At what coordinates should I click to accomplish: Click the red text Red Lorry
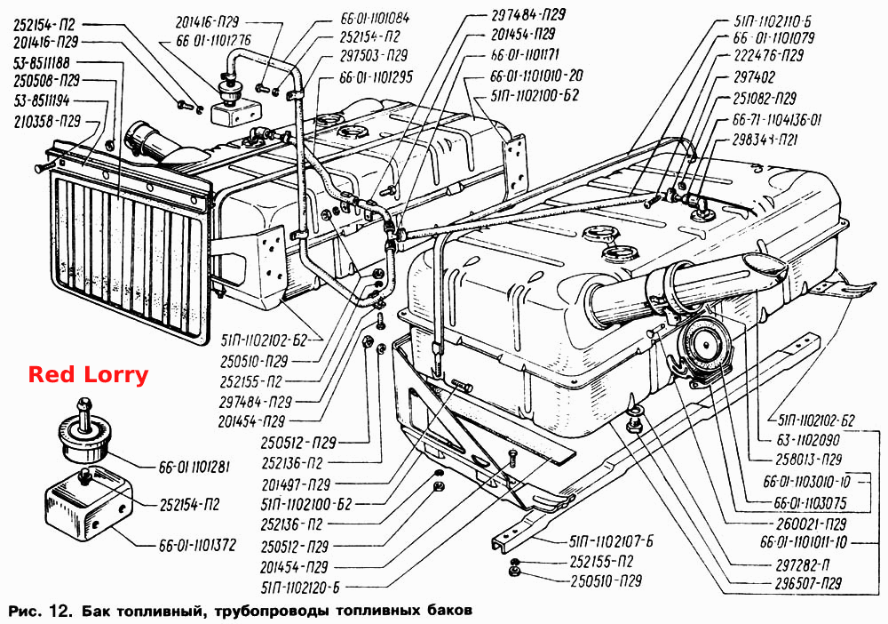[x=88, y=375]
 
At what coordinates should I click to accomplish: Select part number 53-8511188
[x=50, y=61]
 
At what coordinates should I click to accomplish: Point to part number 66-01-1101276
[x=206, y=42]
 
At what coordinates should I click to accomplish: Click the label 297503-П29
[x=374, y=55]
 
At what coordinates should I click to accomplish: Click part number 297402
[x=754, y=76]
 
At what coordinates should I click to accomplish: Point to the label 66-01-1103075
[x=811, y=503]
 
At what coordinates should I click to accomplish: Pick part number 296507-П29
[x=809, y=582]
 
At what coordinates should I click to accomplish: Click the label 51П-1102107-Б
[x=612, y=540]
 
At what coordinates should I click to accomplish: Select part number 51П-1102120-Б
[x=300, y=588]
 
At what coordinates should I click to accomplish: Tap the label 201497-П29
[x=296, y=484]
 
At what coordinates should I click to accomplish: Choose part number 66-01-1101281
[x=194, y=468]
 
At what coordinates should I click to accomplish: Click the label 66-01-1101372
[x=197, y=546]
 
